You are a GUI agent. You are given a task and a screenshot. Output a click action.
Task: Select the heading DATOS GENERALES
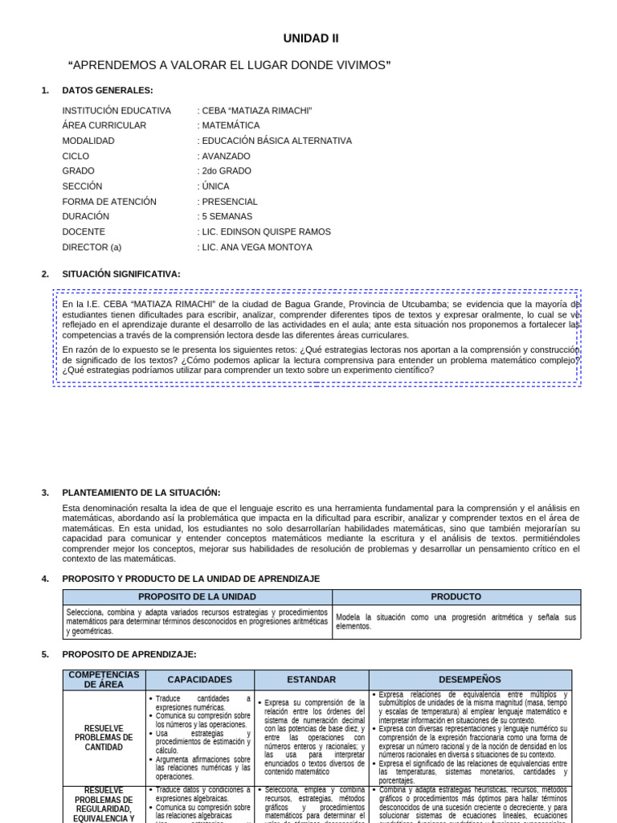(108, 90)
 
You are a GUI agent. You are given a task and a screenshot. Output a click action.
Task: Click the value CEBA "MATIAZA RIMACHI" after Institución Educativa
(256, 110)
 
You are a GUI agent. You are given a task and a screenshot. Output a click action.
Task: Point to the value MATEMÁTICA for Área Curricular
(231, 125)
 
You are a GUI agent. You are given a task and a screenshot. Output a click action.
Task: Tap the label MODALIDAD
(88, 141)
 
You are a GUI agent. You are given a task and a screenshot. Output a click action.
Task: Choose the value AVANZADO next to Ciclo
(226, 156)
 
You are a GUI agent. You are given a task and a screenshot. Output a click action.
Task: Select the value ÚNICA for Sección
(215, 186)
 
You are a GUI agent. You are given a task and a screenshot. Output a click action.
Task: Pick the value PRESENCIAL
(230, 202)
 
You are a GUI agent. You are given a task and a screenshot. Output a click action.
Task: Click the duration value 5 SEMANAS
(227, 216)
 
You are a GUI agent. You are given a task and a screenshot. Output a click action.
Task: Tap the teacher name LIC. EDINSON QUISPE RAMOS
(266, 231)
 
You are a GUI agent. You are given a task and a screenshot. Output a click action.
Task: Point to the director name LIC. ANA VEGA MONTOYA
(257, 247)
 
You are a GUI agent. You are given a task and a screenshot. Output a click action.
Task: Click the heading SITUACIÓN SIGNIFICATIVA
(121, 274)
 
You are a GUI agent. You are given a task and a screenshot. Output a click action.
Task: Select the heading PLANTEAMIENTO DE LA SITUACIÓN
(141, 493)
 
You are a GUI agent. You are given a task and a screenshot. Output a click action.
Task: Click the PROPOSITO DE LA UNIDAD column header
(198, 597)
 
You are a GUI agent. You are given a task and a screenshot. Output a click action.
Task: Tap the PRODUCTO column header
(456, 597)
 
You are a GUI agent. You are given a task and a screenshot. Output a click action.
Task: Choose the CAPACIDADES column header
(200, 680)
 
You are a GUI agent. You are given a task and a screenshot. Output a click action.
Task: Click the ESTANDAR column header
(311, 680)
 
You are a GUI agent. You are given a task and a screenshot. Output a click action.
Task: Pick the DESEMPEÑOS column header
(470, 680)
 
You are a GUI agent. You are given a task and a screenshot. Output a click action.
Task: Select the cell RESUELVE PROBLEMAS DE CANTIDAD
(104, 738)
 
